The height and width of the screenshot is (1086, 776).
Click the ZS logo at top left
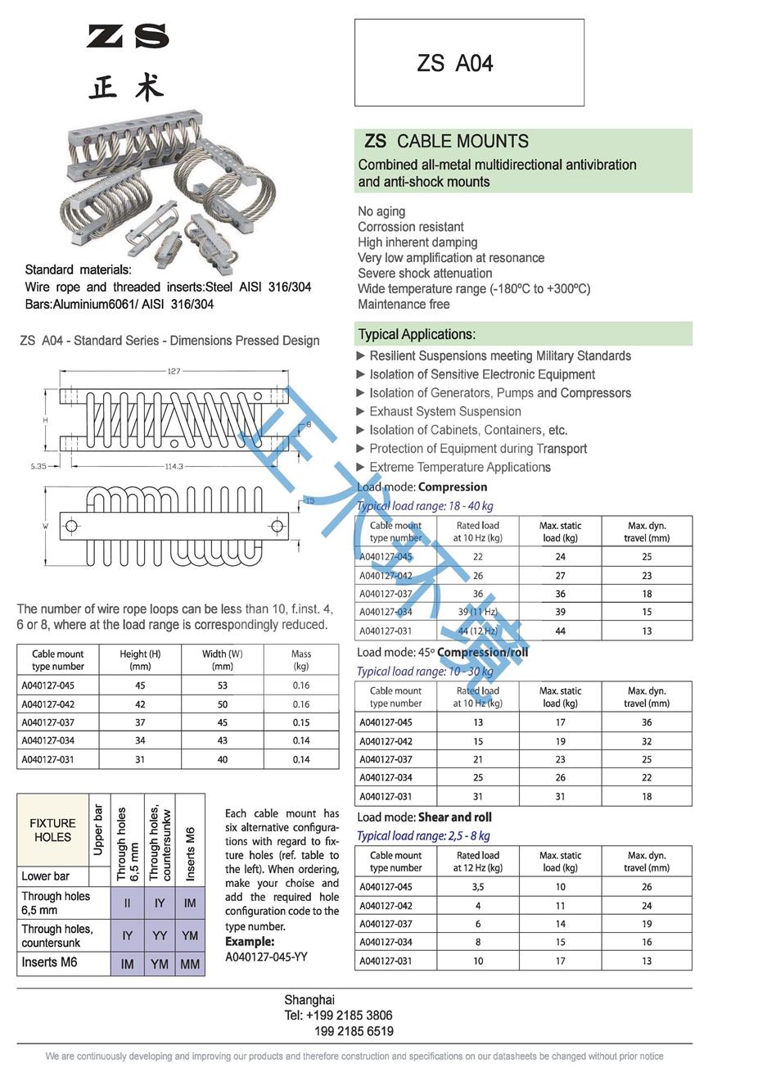pos(128,37)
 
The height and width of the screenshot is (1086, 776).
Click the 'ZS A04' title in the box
pos(455,64)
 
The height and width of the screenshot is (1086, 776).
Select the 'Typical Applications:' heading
pos(417,334)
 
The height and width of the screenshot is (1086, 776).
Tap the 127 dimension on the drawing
pos(174,372)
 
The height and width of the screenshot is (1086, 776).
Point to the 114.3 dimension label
pos(174,466)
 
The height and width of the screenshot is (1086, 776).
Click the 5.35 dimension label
pos(38,466)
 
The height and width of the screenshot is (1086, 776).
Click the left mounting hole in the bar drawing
pos(71,525)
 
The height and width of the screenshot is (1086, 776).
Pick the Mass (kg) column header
pos(301,660)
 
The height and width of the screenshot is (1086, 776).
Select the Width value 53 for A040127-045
pos(223,686)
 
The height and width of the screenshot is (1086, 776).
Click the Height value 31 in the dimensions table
pos(140,759)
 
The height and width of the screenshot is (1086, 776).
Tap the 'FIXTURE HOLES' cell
pos(52,830)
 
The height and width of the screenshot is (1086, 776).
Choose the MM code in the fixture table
pos(190,964)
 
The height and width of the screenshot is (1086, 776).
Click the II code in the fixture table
pos(127,903)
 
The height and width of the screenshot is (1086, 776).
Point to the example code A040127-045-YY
pos(266,957)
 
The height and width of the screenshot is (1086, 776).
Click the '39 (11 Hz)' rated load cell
pos(477,612)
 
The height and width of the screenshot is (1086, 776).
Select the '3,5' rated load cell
pos(477,887)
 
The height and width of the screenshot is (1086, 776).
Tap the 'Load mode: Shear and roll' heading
pos(424,817)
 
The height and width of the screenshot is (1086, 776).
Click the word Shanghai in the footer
pos(309,1000)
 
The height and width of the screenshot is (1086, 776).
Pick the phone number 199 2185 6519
pos(354,1031)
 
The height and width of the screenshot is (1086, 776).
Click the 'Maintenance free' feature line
pos(404,305)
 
